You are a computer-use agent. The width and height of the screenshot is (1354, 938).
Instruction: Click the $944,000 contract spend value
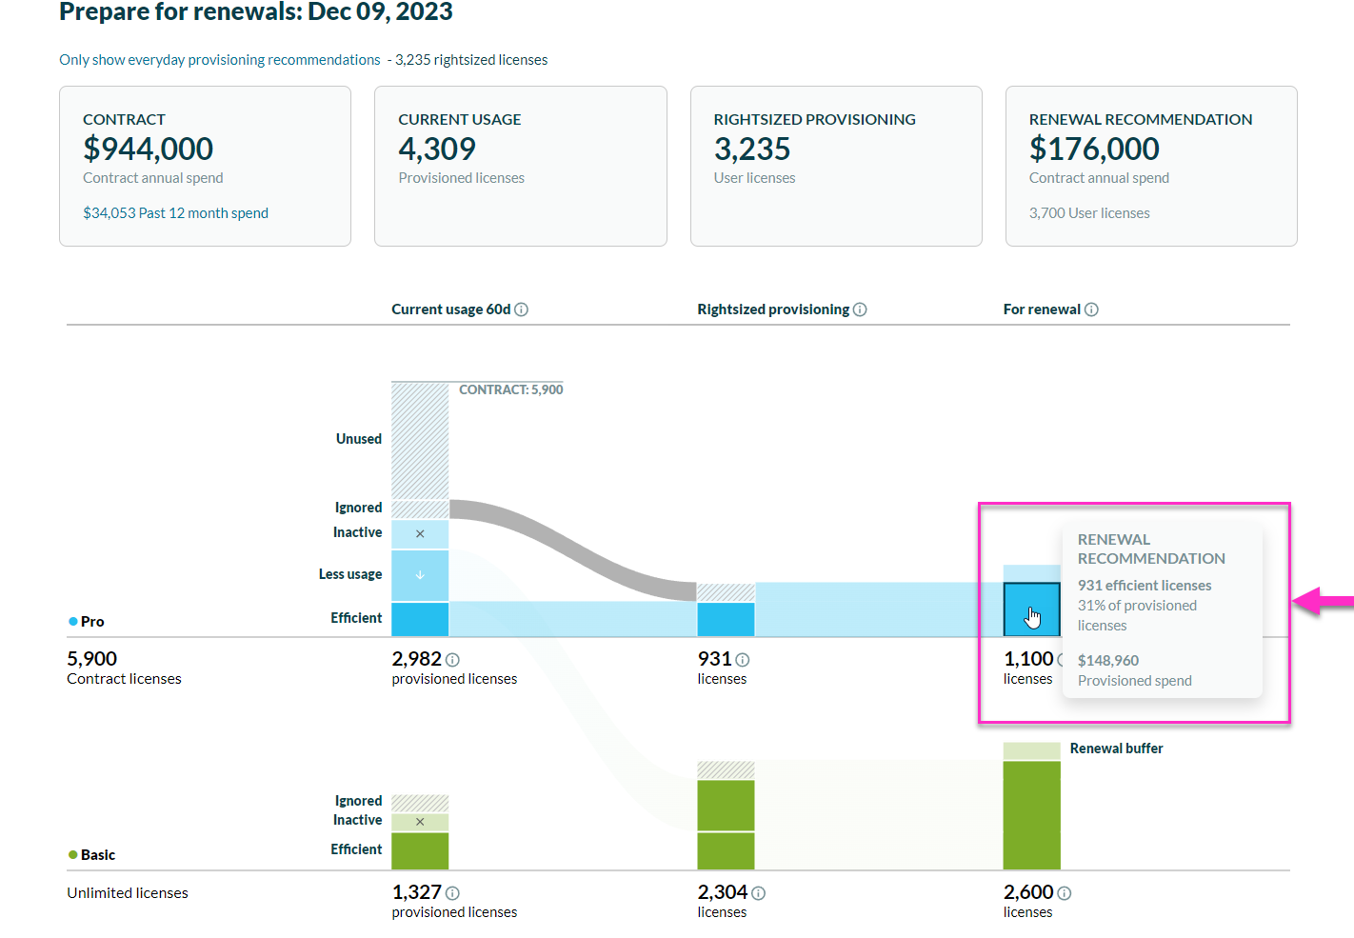[148, 149]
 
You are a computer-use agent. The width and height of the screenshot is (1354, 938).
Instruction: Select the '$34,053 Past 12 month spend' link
[175, 213]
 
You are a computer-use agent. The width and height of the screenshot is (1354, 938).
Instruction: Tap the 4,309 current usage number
[437, 149]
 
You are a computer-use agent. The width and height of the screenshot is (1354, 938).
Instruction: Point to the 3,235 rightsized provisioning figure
[752, 149]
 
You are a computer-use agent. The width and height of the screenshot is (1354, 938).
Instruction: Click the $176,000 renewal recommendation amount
[1094, 149]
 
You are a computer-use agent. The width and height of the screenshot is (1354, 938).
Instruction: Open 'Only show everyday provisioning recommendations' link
[219, 60]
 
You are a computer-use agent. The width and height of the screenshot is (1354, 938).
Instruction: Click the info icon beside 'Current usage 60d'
[522, 309]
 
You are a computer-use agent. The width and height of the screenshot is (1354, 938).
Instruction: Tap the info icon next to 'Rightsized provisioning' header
[860, 309]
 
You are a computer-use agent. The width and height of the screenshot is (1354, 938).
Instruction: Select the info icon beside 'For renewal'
[1091, 309]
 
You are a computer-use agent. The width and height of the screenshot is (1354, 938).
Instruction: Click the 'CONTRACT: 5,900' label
[510, 389]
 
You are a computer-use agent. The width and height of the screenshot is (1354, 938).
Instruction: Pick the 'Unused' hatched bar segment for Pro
[420, 440]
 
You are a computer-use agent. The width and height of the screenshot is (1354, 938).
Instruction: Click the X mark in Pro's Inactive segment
[420, 534]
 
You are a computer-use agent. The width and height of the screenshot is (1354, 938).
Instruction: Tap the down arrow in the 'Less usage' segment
[420, 575]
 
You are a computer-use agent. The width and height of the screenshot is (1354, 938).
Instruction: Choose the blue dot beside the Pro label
[73, 621]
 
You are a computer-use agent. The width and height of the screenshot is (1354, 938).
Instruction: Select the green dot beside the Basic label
[73, 854]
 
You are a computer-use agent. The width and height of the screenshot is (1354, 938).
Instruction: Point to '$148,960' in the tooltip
[1108, 661]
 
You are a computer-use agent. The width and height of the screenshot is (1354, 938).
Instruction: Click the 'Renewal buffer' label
[1116, 748]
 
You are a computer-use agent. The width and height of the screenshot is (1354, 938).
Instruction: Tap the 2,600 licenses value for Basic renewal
[1028, 892]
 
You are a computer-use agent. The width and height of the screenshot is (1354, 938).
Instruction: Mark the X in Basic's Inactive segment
[420, 822]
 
